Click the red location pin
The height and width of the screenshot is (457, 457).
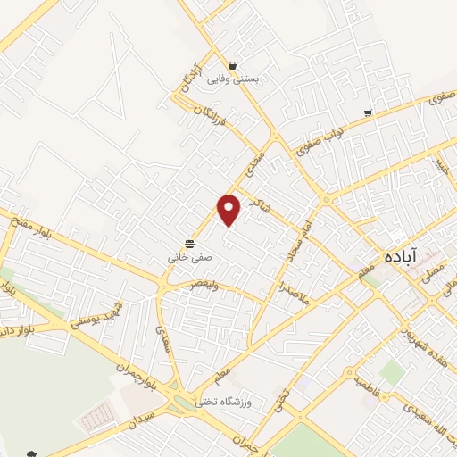point(230,209)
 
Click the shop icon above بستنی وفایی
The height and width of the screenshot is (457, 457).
point(232,65)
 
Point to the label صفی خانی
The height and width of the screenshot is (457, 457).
point(190,257)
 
